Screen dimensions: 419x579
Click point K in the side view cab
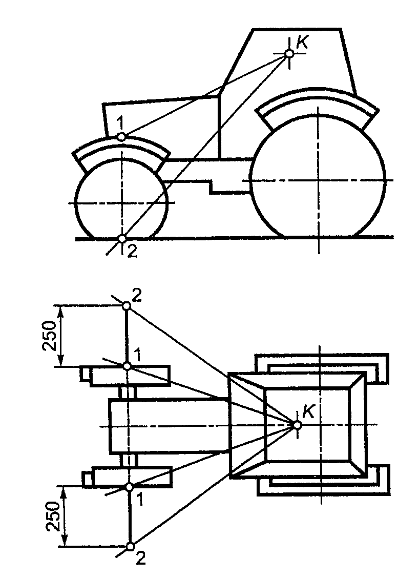click(289, 53)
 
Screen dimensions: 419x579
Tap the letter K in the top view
click(308, 411)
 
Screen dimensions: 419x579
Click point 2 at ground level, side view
click(122, 239)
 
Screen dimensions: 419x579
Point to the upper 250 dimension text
click(49, 335)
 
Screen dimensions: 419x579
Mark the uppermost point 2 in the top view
click(126, 306)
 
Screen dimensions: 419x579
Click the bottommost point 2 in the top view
click(130, 546)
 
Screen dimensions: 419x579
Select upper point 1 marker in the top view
click(127, 366)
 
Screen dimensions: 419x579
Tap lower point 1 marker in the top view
click(129, 487)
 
